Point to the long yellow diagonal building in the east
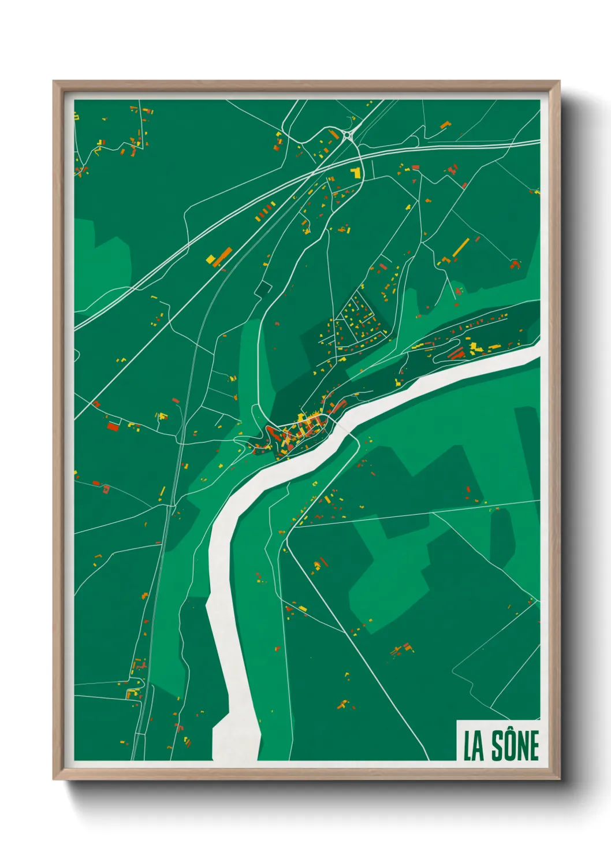[461, 247]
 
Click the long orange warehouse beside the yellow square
[222, 256]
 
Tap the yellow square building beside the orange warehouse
[211, 258]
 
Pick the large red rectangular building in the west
[113, 426]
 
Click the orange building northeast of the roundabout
[445, 124]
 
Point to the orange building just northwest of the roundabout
[333, 134]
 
